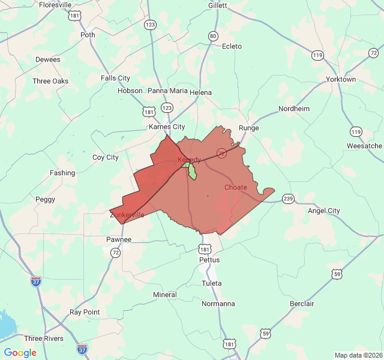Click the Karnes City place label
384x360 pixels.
point(167,127)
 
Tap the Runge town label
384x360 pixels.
point(249,128)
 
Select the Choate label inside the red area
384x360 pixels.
point(236,188)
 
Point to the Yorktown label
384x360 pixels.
point(341,79)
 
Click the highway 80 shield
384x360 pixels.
point(213,36)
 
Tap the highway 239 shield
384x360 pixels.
point(289,199)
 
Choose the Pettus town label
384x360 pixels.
point(209,260)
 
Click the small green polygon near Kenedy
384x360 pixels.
point(193,172)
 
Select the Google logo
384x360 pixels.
point(20,353)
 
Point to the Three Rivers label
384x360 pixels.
point(44,339)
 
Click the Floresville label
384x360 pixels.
point(55,5)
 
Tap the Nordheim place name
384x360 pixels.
point(294,109)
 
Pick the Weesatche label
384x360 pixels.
point(364,146)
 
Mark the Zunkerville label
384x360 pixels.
point(127,215)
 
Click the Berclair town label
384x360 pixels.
point(302,304)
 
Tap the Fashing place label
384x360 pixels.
point(62,173)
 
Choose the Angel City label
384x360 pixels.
point(324,211)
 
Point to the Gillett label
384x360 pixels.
point(218,5)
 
